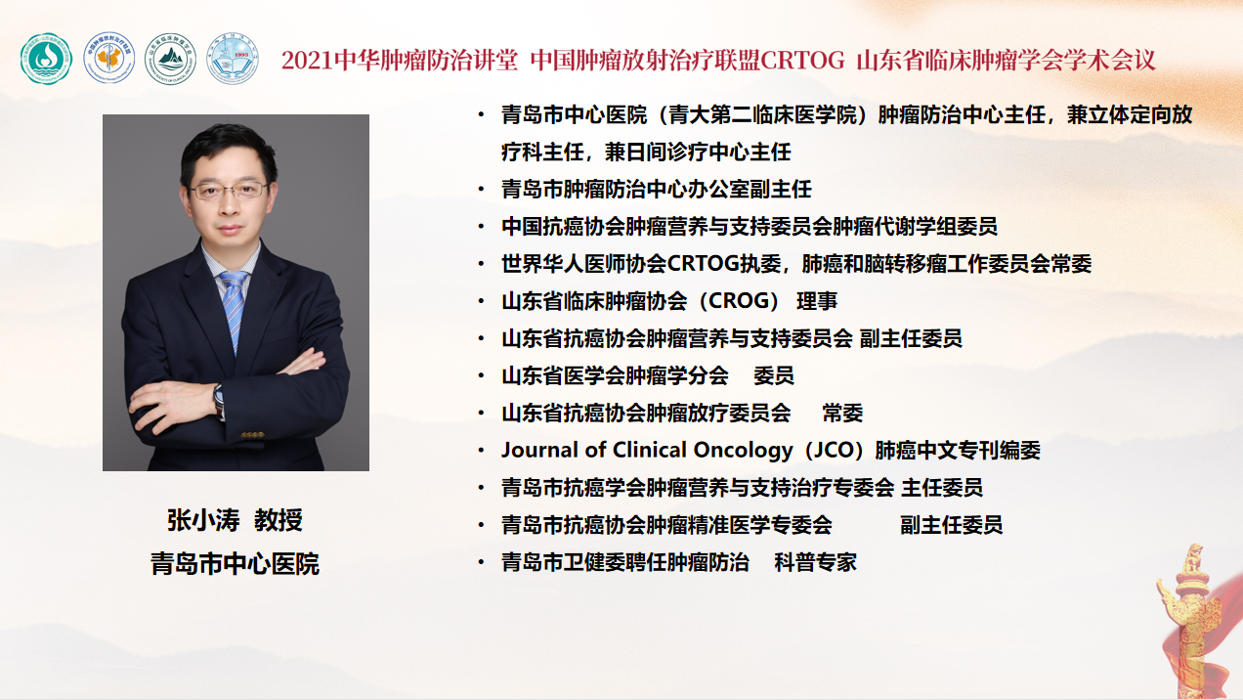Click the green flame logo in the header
pyautogui.click(x=46, y=59)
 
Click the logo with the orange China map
pyautogui.click(x=109, y=59)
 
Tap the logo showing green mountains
pyautogui.click(x=170, y=59)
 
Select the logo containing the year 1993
pyautogui.click(x=233, y=59)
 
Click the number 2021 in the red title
pyautogui.click(x=308, y=61)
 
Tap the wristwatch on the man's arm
pyautogui.click(x=219, y=400)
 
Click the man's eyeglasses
pyautogui.click(x=228, y=191)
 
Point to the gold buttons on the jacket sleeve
pyautogui.click(x=252, y=435)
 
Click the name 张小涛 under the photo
pyautogui.click(x=203, y=521)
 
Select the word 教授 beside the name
pyautogui.click(x=279, y=521)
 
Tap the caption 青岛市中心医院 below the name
pyautogui.click(x=235, y=564)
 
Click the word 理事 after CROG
pyautogui.click(x=817, y=301)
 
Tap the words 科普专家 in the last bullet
pyautogui.click(x=815, y=562)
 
